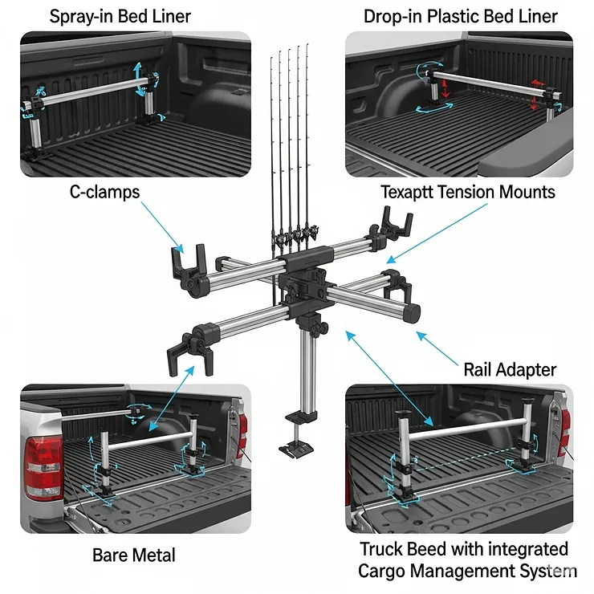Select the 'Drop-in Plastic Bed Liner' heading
(x=460, y=16)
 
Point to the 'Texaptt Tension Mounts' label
(x=468, y=193)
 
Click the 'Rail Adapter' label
(x=510, y=370)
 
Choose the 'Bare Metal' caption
(x=134, y=555)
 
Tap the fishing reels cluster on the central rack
(x=293, y=238)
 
